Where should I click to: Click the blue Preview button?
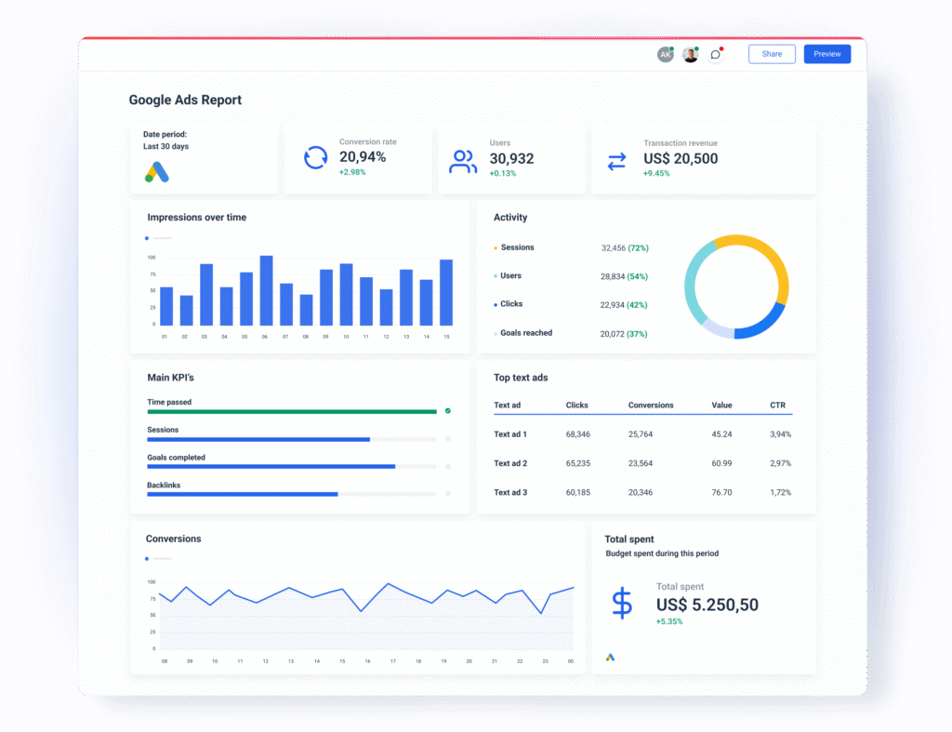[826, 54]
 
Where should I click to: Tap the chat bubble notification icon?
[716, 55]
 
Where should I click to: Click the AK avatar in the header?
[666, 55]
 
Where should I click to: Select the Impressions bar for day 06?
[266, 290]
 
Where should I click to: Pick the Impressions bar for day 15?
[446, 292]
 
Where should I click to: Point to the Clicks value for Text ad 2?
[578, 463]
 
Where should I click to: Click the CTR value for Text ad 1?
[780, 434]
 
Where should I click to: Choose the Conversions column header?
[651, 406]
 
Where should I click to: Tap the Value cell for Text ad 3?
[721, 492]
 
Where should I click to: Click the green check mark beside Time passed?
[448, 411]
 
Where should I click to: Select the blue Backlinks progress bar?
[243, 495]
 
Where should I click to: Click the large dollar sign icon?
[622, 604]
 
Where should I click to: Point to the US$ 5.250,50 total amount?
[707, 605]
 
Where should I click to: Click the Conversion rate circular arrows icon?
[316, 158]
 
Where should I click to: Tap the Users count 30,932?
[512, 158]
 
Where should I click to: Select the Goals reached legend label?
[526, 333]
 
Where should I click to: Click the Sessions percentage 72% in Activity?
[638, 247]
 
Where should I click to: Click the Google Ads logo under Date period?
[156, 172]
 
